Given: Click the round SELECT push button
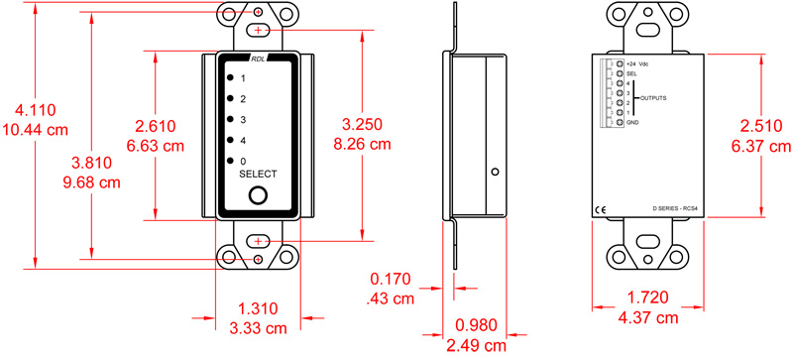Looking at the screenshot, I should [x=258, y=194].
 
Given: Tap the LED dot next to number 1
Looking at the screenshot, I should [x=230, y=77].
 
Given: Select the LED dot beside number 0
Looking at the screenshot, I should [x=230, y=161].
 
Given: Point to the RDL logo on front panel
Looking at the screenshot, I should [x=258, y=59].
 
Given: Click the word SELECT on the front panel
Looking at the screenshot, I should [x=259, y=174].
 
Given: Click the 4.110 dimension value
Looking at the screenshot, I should [x=34, y=112].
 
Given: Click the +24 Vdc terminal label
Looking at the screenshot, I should [x=638, y=63].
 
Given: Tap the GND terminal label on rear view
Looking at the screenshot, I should [x=632, y=122].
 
